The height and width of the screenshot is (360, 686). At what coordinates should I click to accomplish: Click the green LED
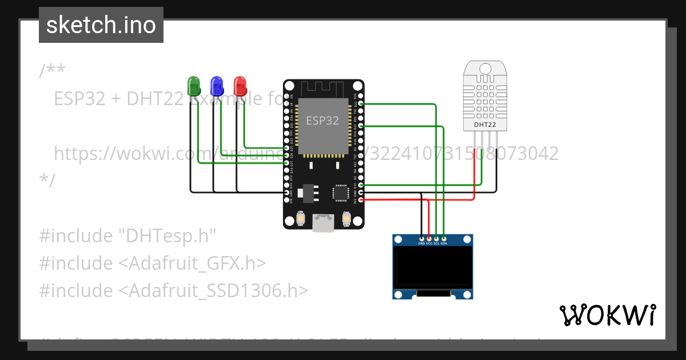click(x=194, y=86)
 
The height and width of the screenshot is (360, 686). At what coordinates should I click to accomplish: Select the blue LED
click(x=217, y=86)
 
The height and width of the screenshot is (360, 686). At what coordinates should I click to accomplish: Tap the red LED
click(x=240, y=86)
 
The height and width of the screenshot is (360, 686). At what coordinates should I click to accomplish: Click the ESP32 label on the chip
click(x=322, y=121)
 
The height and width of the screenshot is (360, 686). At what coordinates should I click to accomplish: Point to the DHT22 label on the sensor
click(x=485, y=125)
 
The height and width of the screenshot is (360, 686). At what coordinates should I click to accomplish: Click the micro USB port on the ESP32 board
click(x=324, y=223)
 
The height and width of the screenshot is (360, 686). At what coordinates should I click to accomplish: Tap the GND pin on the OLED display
click(x=422, y=238)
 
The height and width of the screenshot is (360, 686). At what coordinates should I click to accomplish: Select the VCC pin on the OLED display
click(x=429, y=238)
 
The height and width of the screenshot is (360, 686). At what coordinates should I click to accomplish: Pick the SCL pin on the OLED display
click(x=437, y=238)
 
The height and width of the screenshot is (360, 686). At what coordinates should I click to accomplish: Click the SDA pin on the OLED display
click(x=444, y=238)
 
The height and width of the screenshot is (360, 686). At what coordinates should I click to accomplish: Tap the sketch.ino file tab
click(x=101, y=25)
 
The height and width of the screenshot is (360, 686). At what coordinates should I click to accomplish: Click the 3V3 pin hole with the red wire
click(x=361, y=200)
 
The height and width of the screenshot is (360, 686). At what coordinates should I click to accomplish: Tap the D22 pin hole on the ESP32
click(x=361, y=103)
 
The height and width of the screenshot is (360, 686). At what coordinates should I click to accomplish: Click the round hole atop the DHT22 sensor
click(x=485, y=69)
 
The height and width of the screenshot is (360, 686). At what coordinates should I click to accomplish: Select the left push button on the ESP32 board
click(x=301, y=219)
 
